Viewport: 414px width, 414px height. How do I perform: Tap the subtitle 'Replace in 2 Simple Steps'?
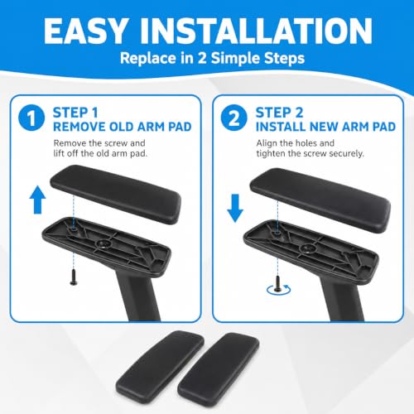212,58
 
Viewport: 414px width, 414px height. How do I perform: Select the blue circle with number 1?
31,118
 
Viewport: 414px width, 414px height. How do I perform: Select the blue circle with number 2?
233,118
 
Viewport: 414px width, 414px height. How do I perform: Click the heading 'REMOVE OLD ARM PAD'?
123,127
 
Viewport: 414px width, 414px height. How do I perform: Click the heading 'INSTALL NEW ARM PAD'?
325,127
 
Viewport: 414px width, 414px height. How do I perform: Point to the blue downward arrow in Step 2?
235,208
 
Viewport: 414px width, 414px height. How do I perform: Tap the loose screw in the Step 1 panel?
74,277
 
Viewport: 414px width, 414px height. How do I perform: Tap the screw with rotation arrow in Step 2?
277,285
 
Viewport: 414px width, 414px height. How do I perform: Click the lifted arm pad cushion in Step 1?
116,194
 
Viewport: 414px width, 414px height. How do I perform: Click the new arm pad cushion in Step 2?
320,200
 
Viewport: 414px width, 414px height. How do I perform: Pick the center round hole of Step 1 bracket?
103,243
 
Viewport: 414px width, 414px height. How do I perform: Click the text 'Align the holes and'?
295,143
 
